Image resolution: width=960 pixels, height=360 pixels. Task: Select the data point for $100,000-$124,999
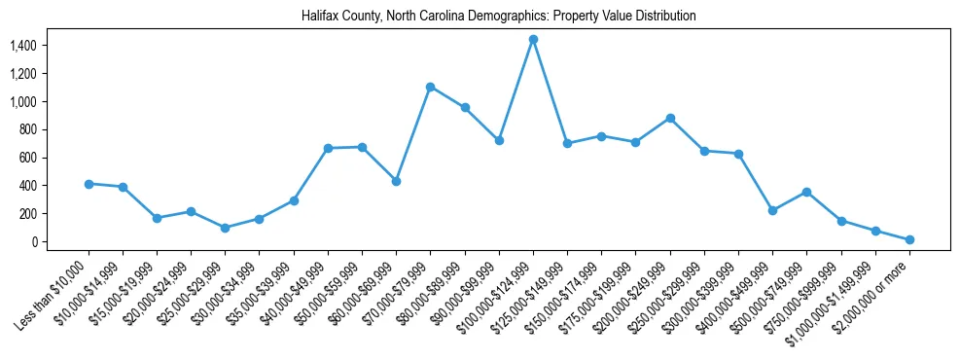533,39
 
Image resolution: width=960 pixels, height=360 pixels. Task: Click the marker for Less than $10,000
89,184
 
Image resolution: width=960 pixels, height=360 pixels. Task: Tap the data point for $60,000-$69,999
396,181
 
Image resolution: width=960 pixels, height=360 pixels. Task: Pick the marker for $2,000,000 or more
909,239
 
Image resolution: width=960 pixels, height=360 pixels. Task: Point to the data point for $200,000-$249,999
670,118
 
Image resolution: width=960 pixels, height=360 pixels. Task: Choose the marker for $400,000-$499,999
772,210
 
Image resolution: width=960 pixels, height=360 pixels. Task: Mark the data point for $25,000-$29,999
226,228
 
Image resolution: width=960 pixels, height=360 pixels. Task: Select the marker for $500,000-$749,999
806,192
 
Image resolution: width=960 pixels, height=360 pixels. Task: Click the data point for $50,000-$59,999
362,147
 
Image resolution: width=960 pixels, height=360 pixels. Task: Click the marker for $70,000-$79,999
430,87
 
